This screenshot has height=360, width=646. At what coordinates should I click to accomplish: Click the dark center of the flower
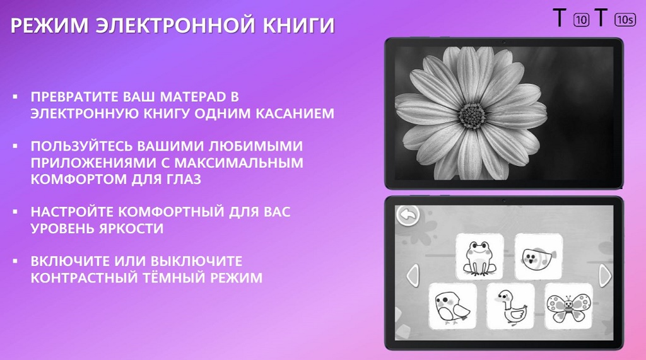pyautogui.click(x=471, y=115)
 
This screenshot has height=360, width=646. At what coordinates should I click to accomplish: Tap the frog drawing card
pyautogui.click(x=479, y=256)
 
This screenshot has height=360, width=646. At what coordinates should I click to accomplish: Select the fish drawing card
pyautogui.click(x=538, y=256)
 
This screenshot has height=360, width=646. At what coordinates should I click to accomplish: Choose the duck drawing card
pyautogui.click(x=510, y=305)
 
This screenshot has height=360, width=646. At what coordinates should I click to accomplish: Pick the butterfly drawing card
pyautogui.click(x=568, y=305)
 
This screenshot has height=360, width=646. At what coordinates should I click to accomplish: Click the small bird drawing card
pyautogui.click(x=452, y=305)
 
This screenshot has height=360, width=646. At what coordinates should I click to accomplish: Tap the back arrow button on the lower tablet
pyautogui.click(x=408, y=214)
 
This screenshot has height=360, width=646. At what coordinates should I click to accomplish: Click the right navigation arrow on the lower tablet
pyautogui.click(x=604, y=275)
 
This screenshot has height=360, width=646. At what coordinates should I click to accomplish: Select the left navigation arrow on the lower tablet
pyautogui.click(x=411, y=275)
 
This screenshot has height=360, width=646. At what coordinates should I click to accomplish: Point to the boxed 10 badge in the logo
pyautogui.click(x=581, y=20)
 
